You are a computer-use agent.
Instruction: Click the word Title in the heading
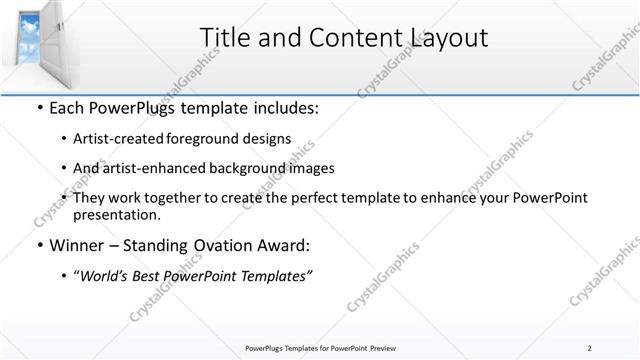pos(224,38)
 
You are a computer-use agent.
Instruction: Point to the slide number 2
pos(590,347)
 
